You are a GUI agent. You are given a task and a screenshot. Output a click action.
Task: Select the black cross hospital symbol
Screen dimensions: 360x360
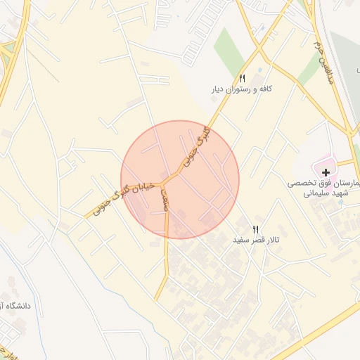click(x=326, y=172)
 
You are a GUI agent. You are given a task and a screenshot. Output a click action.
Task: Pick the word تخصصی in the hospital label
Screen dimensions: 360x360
click(x=301, y=183)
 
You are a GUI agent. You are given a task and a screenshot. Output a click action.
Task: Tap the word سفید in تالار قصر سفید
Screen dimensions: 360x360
click(x=242, y=240)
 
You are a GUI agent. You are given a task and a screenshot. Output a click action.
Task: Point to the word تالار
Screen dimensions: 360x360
click(x=271, y=240)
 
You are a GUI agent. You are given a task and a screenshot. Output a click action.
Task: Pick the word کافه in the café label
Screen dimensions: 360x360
click(x=266, y=90)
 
